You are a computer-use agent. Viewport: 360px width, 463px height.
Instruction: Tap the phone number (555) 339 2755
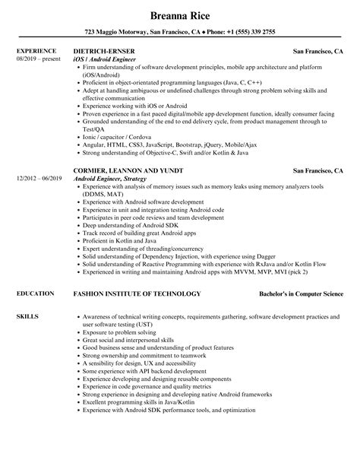coord(258,33)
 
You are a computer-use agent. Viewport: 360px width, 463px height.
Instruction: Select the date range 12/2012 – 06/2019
coord(38,199)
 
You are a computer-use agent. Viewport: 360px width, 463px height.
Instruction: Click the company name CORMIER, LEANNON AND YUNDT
coord(128,192)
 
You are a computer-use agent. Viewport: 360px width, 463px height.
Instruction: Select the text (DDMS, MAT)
coord(102,214)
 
